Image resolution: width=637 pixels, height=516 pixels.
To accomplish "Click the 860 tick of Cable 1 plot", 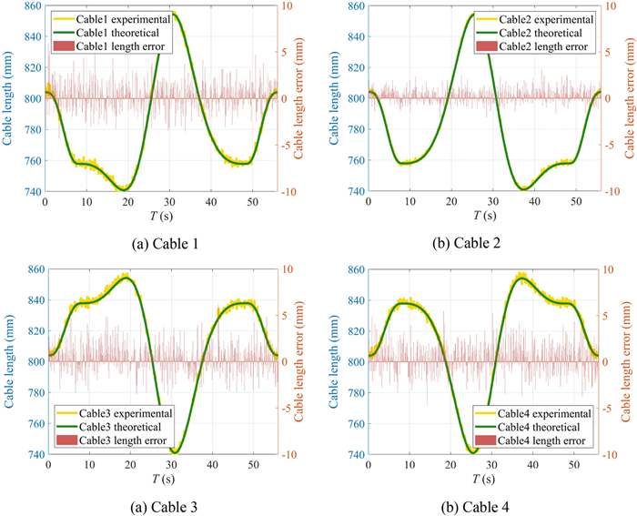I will [30, 6].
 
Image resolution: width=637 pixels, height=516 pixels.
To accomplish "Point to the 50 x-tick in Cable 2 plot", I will [574, 200].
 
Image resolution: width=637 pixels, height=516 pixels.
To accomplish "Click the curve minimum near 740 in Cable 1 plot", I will [126, 188].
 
